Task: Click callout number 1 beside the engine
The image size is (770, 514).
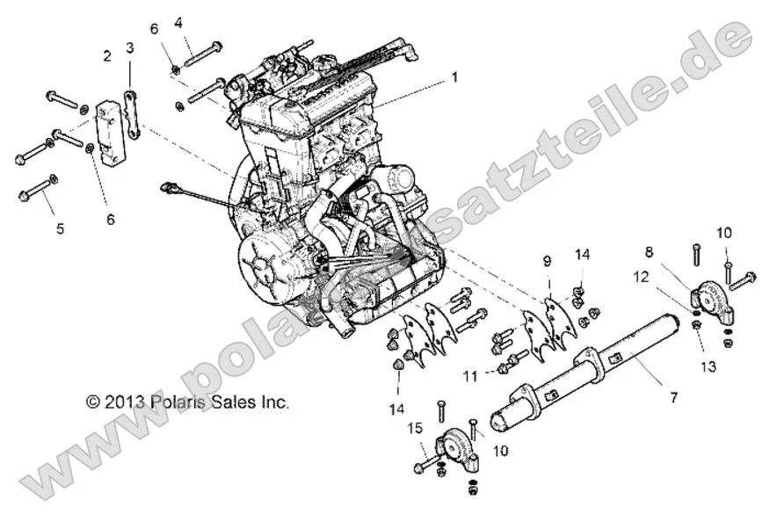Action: (454, 77)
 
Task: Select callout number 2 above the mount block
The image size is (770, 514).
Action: (107, 56)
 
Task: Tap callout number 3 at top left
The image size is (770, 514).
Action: (129, 47)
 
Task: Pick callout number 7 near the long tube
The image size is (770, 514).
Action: (673, 398)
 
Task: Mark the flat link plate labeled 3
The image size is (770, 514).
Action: (132, 114)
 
